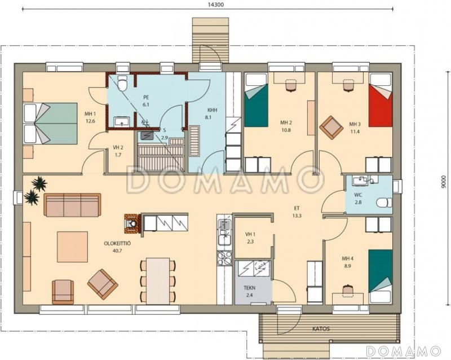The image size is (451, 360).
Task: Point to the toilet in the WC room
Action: pyautogui.click(x=384, y=202)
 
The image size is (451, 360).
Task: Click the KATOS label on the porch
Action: pyautogui.click(x=321, y=328)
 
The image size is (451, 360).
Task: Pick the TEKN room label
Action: pyautogui.click(x=249, y=288)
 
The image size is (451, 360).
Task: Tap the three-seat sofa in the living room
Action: pyautogui.click(x=72, y=205)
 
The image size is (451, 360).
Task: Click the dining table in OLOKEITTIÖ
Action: pyautogui.click(x=158, y=281)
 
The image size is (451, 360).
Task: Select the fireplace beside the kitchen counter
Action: pyautogui.click(x=133, y=224)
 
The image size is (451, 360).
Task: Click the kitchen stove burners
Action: pyautogui.click(x=224, y=258)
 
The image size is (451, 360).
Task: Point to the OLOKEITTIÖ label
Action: pyautogui.click(x=117, y=244)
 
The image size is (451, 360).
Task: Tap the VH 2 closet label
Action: pyautogui.click(x=118, y=148)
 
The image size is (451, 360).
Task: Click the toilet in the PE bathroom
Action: pyautogui.click(x=122, y=83)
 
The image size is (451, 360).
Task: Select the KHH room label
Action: pyautogui.click(x=213, y=110)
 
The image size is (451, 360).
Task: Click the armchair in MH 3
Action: pyautogui.click(x=331, y=127)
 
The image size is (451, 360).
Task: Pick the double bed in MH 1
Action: pyautogui.click(x=50, y=123)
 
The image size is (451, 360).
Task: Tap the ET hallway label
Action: pyautogui.click(x=297, y=208)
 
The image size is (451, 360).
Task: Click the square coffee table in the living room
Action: pyautogui.click(x=72, y=247)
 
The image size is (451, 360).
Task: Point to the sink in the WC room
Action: pyautogui.click(x=359, y=181)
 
